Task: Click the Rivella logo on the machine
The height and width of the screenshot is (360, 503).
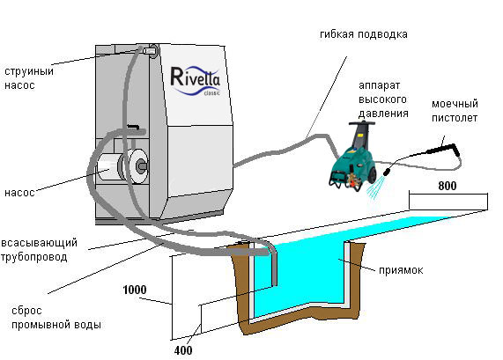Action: (x=196, y=81)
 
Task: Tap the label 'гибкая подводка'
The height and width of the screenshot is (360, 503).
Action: (x=364, y=34)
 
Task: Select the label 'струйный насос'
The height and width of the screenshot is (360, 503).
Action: (x=29, y=78)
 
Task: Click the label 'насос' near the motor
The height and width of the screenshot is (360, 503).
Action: (x=19, y=193)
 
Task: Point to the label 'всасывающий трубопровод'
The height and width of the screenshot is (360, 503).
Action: (x=39, y=250)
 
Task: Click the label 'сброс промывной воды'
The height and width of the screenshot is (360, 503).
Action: (x=56, y=318)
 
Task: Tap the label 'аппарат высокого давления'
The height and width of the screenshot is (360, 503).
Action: (x=383, y=99)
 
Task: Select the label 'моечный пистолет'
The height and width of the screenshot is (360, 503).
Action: (x=455, y=111)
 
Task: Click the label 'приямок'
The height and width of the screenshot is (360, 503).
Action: (x=401, y=270)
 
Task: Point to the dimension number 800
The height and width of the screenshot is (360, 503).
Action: (x=448, y=186)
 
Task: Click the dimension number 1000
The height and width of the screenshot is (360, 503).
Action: (x=135, y=290)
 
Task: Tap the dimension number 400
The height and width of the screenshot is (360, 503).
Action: (x=183, y=350)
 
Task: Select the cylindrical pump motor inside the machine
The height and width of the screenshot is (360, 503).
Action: (x=122, y=166)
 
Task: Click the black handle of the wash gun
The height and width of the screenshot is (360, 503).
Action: (x=443, y=148)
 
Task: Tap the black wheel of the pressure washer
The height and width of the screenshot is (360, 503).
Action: (x=372, y=173)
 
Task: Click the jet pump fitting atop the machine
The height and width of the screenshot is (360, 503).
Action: (x=149, y=51)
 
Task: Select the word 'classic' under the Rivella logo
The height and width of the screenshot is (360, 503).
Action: (x=212, y=93)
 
